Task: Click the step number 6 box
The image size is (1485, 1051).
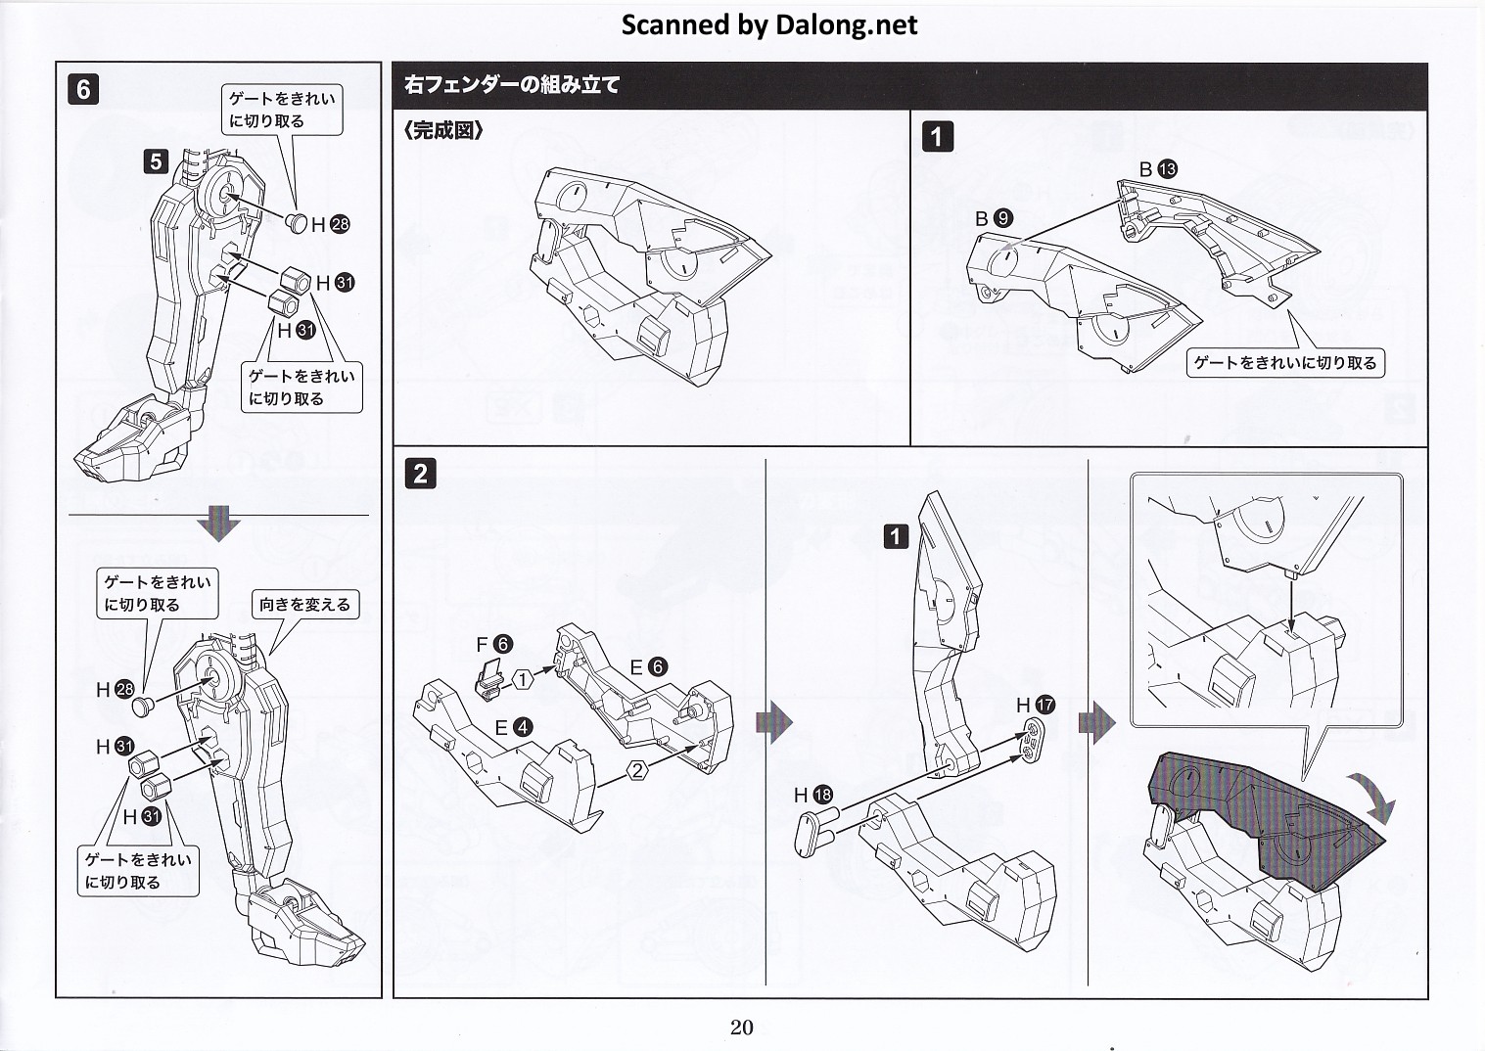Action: (x=83, y=89)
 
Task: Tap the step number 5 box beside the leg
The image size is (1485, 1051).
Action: (x=157, y=160)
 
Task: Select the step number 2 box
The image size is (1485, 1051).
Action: (x=420, y=474)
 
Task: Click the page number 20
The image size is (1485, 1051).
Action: (x=741, y=1027)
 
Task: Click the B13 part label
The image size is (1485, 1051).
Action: (x=1158, y=169)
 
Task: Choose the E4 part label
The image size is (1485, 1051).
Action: (x=513, y=727)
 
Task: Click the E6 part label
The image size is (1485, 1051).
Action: (x=648, y=667)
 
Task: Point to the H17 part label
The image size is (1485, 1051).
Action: (x=1036, y=705)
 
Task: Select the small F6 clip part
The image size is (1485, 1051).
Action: (x=490, y=676)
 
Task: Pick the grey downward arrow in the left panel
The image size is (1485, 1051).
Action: (x=218, y=525)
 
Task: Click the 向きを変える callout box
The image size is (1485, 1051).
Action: (x=304, y=605)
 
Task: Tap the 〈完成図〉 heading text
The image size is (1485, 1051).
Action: (x=443, y=130)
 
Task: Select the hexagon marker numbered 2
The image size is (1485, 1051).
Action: (x=637, y=770)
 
